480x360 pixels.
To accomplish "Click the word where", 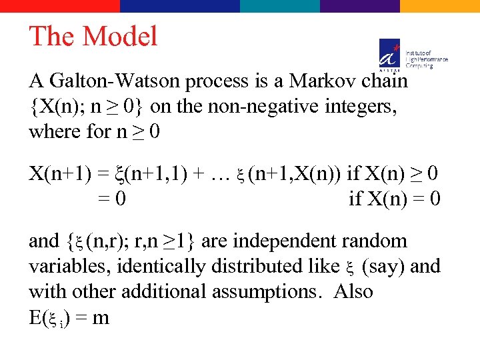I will pyautogui.click(x=54, y=131).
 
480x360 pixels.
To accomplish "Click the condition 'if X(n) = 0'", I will pyautogui.click(x=394, y=199).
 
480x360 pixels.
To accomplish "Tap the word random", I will pyautogui.click(x=381, y=241).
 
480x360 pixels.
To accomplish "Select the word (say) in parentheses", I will pyautogui.click(x=383, y=266).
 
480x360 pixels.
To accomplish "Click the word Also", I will pyautogui.click(x=353, y=291).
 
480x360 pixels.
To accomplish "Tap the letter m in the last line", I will pyautogui.click(x=101, y=317).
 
